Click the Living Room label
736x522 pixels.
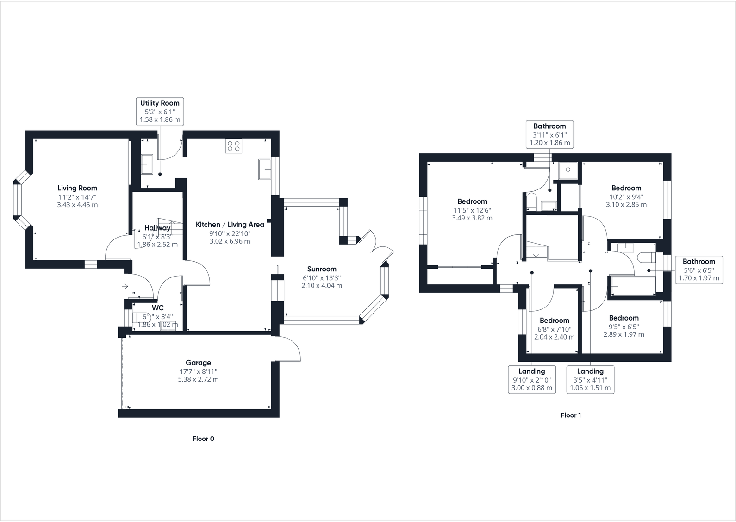[x=77, y=188]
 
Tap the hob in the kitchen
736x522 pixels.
[x=234, y=146]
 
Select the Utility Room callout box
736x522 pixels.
[x=160, y=111]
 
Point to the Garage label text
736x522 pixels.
[x=198, y=363]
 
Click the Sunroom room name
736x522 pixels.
[x=322, y=269]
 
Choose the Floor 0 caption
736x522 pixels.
[x=203, y=439]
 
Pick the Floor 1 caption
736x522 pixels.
[x=571, y=415]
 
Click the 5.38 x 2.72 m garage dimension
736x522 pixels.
[x=198, y=379]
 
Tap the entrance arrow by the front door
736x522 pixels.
[x=125, y=286]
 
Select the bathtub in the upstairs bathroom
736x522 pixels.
[x=633, y=286]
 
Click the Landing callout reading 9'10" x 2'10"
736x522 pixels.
[x=531, y=379]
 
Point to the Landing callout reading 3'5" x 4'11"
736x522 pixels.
[x=590, y=379]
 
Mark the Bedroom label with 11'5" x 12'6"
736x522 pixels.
[x=472, y=201]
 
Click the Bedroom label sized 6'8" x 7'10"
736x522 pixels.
[x=554, y=321]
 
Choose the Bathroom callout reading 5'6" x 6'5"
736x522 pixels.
[x=699, y=270]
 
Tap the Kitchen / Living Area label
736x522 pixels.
[x=230, y=225]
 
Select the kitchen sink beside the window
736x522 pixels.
[x=265, y=169]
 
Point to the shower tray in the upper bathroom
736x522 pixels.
[x=568, y=170]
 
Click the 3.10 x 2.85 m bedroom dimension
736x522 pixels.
[x=626, y=204]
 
